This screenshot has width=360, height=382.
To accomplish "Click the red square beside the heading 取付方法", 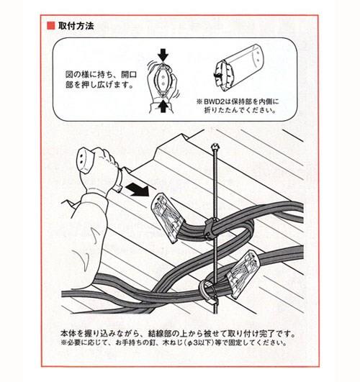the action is (51, 26).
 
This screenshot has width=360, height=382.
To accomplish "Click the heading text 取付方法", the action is (76, 26).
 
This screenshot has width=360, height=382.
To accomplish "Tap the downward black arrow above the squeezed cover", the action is (163, 55).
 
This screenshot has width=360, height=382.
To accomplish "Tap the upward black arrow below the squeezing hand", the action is (163, 106).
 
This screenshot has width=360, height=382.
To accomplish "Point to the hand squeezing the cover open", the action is (162, 83).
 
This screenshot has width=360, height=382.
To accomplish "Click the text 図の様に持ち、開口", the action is (101, 74).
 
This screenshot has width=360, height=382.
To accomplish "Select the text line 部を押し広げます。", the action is (99, 85).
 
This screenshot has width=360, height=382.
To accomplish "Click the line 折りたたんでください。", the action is (240, 110).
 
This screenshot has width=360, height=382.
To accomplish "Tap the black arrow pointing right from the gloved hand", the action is (137, 189).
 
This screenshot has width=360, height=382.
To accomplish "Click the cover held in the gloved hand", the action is (86, 161).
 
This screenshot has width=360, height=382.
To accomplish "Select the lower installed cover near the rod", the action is (242, 274).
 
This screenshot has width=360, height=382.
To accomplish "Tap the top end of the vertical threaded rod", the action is (215, 147).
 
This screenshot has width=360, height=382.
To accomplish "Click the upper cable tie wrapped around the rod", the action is (212, 229).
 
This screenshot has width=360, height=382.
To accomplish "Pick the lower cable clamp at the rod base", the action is (209, 292).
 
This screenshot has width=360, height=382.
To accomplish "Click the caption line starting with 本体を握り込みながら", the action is (178, 333).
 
